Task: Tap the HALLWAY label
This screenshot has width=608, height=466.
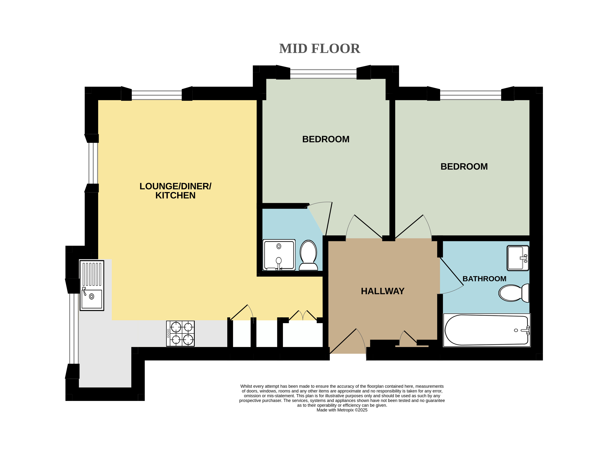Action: [x=382, y=291]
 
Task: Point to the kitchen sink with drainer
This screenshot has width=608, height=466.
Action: [x=92, y=285]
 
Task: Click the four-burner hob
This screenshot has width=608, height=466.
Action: [x=180, y=334]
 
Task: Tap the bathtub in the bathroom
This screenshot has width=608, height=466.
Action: [x=487, y=330]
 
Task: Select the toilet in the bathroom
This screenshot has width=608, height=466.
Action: [x=514, y=293]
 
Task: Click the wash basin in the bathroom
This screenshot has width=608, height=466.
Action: [x=518, y=258]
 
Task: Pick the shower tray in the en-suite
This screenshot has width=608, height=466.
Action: [x=279, y=255]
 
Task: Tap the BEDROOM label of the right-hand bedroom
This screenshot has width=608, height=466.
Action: [x=464, y=166]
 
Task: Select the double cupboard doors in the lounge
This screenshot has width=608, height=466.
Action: [x=303, y=315]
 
